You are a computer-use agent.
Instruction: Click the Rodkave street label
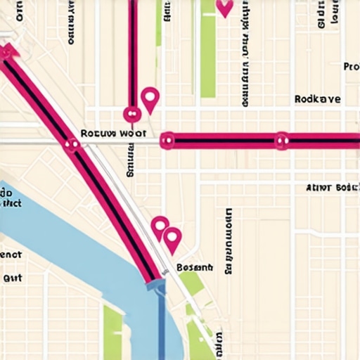pyautogui.click(x=318, y=100)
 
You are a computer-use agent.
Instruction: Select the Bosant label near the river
pyautogui.click(x=194, y=268)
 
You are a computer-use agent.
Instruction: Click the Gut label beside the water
pyautogui.click(x=13, y=278)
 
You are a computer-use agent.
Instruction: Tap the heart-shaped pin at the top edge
pyautogui.click(x=224, y=8)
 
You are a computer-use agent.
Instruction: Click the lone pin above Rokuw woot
pyautogui.click(x=150, y=98)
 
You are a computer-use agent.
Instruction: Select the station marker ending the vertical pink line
pyautogui.click(x=131, y=113)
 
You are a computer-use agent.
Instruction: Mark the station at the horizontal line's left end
pyautogui.click(x=167, y=141)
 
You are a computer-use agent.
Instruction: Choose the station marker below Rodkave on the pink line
pyautogui.click(x=281, y=141)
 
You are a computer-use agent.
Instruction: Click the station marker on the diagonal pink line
pyautogui.click(x=72, y=145)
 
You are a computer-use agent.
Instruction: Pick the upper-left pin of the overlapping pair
pyautogui.click(x=160, y=225)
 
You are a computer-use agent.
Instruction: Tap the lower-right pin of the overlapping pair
pyautogui.click(x=172, y=239)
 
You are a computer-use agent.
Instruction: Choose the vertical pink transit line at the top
pyautogui.click(x=131, y=49)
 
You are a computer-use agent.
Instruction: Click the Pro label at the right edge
pyautogui.click(x=351, y=67)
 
